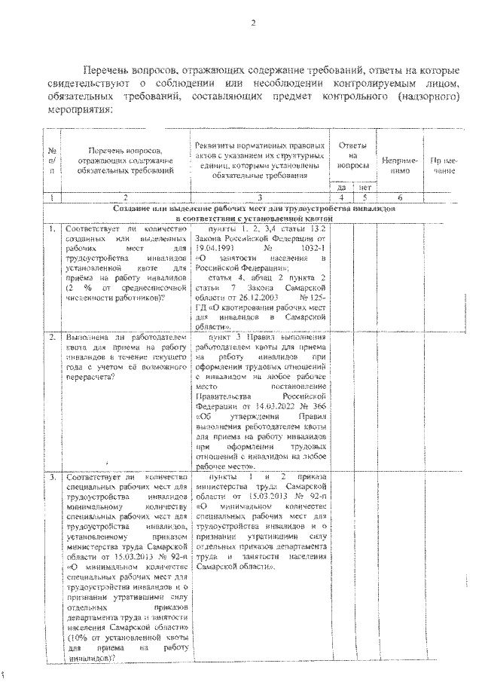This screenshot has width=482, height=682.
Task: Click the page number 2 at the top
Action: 254,23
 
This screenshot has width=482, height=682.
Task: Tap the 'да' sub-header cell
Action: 341,187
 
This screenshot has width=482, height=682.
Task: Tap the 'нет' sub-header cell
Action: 364,187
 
